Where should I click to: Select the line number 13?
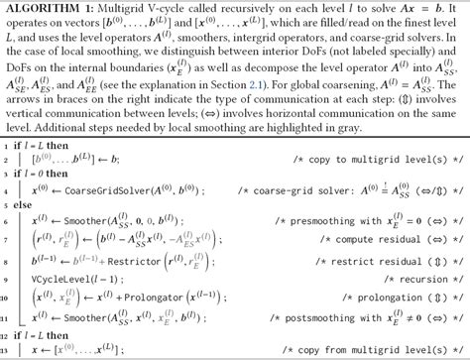[8, 352]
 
